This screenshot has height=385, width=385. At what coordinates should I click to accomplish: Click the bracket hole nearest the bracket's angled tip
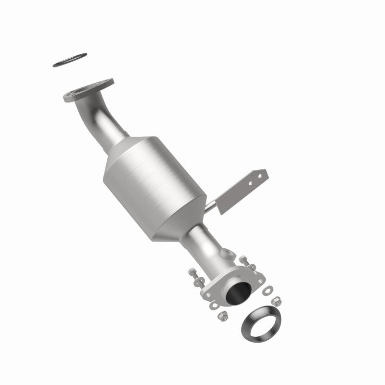coord(261,176)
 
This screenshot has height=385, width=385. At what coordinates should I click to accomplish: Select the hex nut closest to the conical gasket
coord(277,301)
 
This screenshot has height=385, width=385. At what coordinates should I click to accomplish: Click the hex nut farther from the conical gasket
coord(222,316)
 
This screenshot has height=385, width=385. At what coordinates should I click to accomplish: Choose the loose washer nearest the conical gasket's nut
coord(268,290)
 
